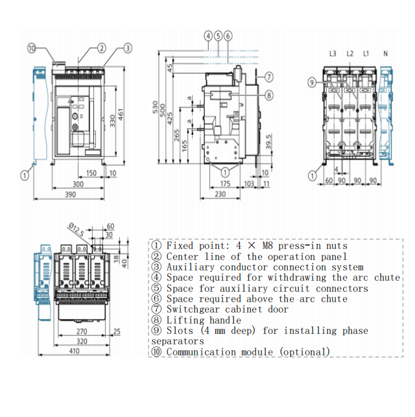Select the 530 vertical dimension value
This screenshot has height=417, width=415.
click(x=154, y=108)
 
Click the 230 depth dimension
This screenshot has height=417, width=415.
click(x=220, y=195)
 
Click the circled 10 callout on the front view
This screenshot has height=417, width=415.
click(x=32, y=47)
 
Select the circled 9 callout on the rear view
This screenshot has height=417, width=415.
click(x=312, y=82)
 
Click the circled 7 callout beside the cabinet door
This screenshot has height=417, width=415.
click(x=269, y=77)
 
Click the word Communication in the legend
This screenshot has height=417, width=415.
click(x=204, y=352)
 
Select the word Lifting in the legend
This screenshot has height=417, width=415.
click(x=184, y=320)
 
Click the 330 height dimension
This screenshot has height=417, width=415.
click(x=112, y=121)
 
